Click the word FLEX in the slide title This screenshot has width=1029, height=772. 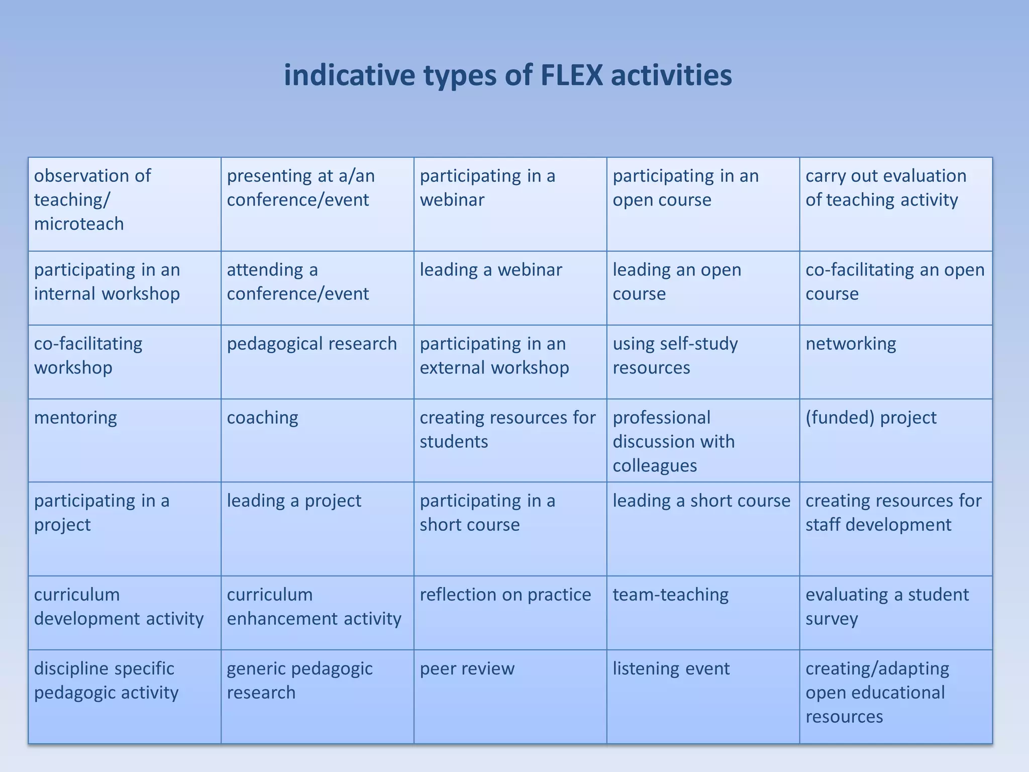[x=571, y=75]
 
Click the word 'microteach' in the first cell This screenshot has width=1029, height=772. [x=79, y=224]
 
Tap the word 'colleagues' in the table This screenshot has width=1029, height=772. [x=654, y=466]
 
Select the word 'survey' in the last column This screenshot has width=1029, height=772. [x=832, y=619]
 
